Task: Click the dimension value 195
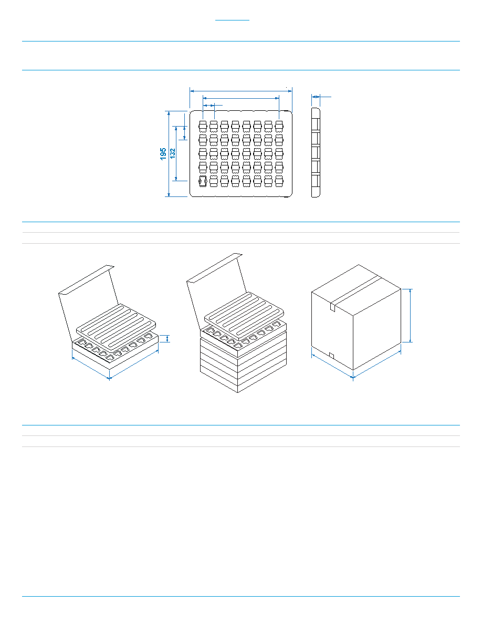(163, 154)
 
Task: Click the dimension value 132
(173, 153)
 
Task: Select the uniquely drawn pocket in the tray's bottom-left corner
(203, 181)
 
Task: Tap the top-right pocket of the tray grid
(279, 126)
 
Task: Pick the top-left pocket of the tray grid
(203, 126)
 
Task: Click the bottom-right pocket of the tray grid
(279, 181)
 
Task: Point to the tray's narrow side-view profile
(316, 152)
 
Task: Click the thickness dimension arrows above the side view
(316, 97)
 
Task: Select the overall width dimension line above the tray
(241, 91)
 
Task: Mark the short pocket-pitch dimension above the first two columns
(208, 106)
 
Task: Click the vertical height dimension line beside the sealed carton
(411, 315)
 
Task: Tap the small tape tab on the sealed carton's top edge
(332, 307)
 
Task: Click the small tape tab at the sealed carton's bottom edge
(332, 355)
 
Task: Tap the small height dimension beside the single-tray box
(167, 338)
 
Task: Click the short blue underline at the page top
(232, 20)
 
